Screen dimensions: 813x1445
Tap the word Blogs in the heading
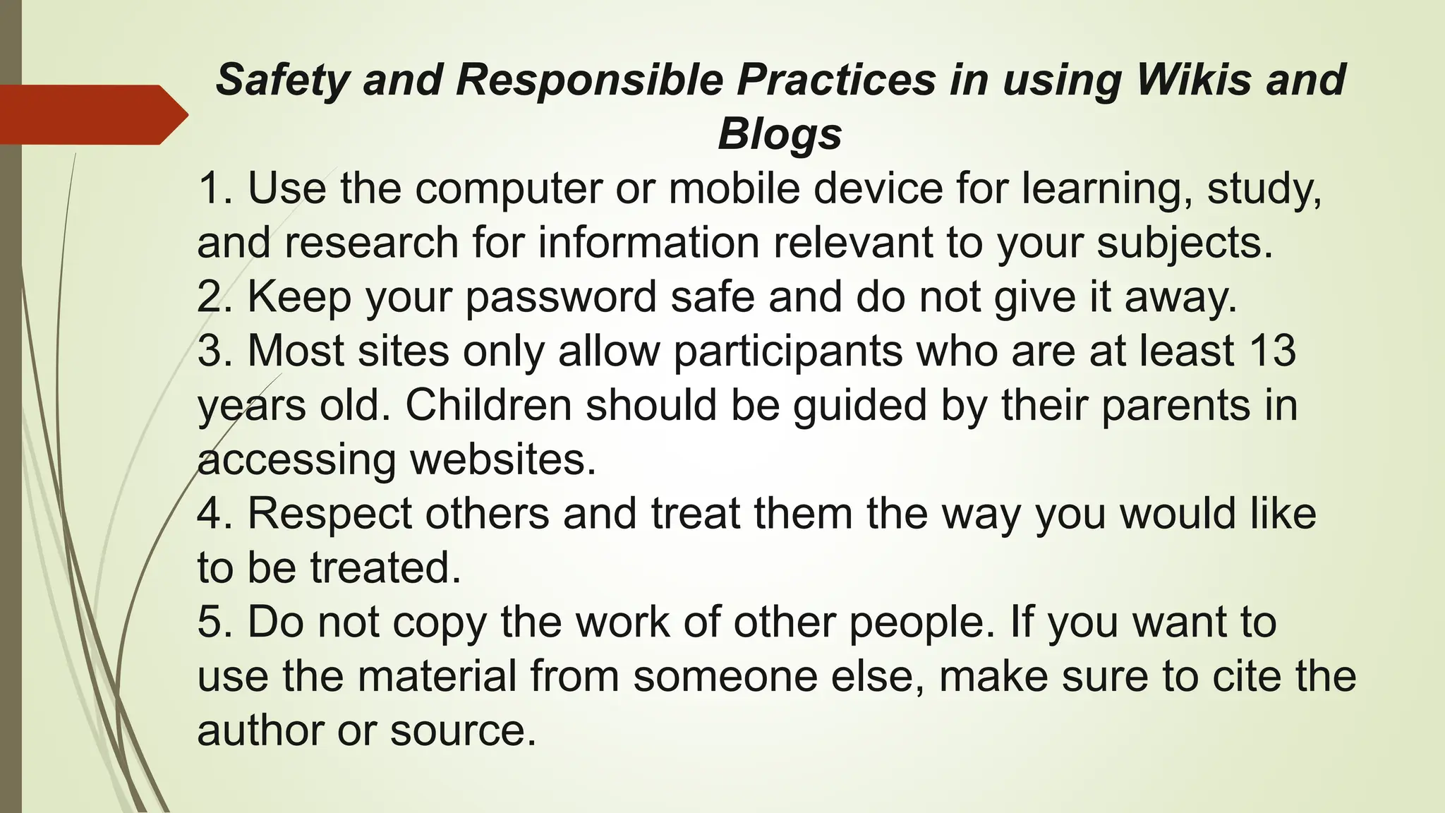(x=780, y=133)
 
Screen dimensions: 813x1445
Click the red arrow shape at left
(x=92, y=114)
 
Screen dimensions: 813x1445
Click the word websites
(x=502, y=459)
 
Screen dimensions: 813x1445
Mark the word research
(x=373, y=243)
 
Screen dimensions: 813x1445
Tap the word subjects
(x=1184, y=243)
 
